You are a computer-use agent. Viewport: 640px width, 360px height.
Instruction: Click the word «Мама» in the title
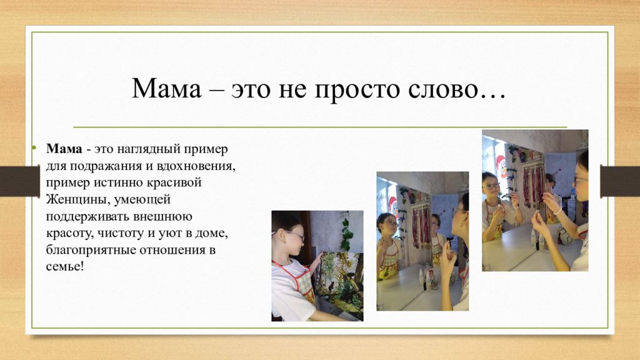[166, 88]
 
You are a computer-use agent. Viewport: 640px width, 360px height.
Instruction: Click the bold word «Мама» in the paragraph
[64, 149]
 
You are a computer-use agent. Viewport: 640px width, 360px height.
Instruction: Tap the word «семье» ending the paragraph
[63, 267]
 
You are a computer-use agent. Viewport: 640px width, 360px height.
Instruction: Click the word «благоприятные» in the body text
[91, 250]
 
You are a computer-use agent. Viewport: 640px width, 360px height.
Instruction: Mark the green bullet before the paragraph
[34, 147]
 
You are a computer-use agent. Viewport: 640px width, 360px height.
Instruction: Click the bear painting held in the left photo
[339, 284]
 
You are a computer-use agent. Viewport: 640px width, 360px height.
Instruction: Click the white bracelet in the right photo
[557, 211]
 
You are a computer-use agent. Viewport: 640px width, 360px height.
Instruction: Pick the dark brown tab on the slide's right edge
[620, 181]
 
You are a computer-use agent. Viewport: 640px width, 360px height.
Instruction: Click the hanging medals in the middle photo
[422, 226]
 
